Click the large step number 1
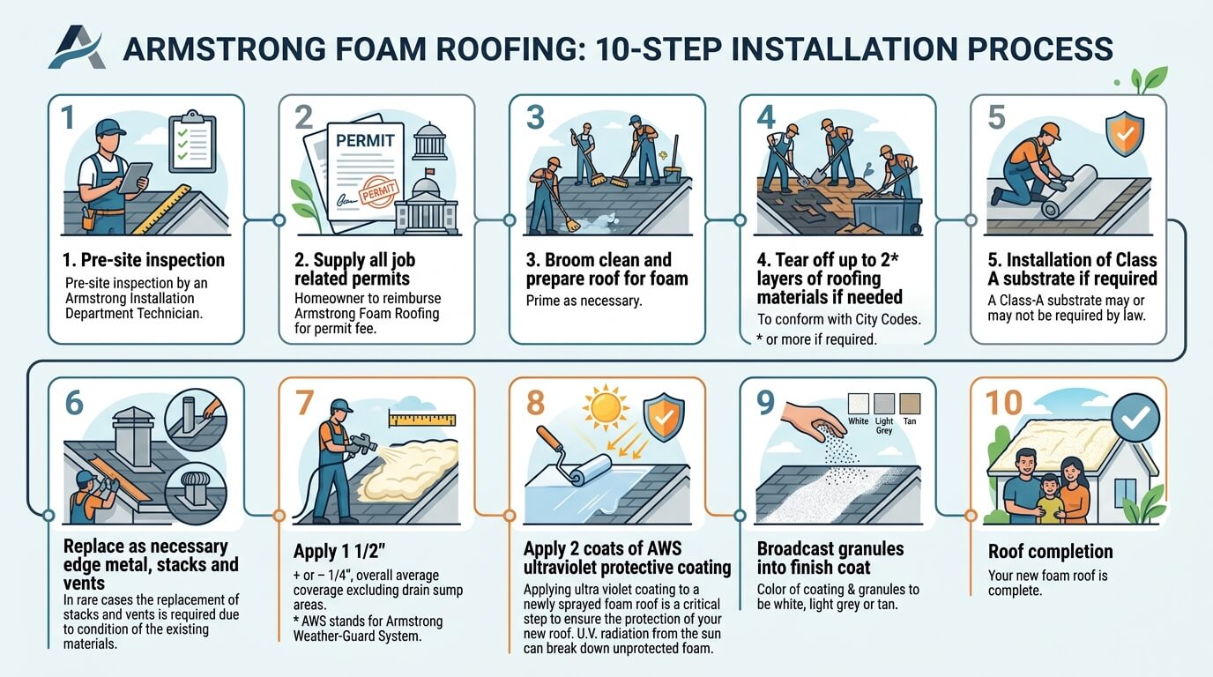tap(69, 117)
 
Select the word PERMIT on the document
tap(365, 141)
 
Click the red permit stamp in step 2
tap(376, 194)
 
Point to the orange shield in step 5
tap(1124, 135)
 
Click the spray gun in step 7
tap(361, 446)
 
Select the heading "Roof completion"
tap(1050, 552)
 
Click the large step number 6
tap(74, 402)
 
